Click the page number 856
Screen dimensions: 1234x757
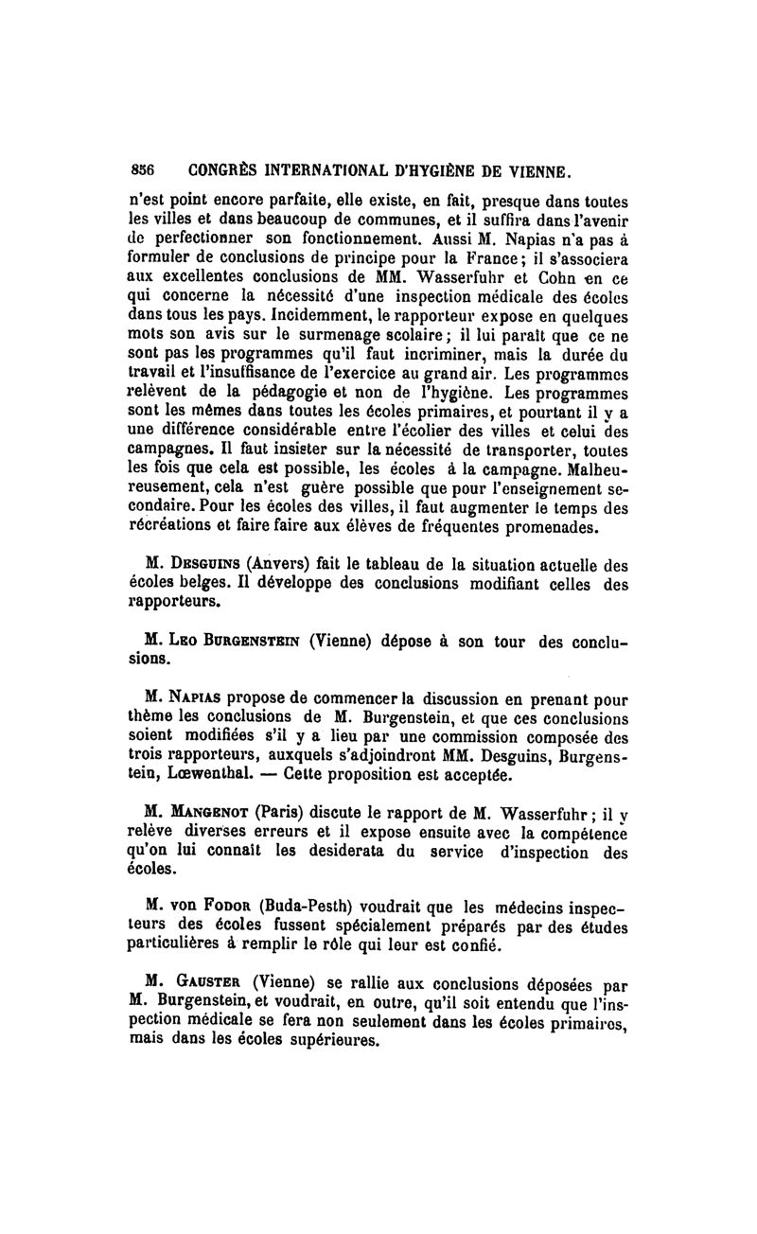coord(142,172)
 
